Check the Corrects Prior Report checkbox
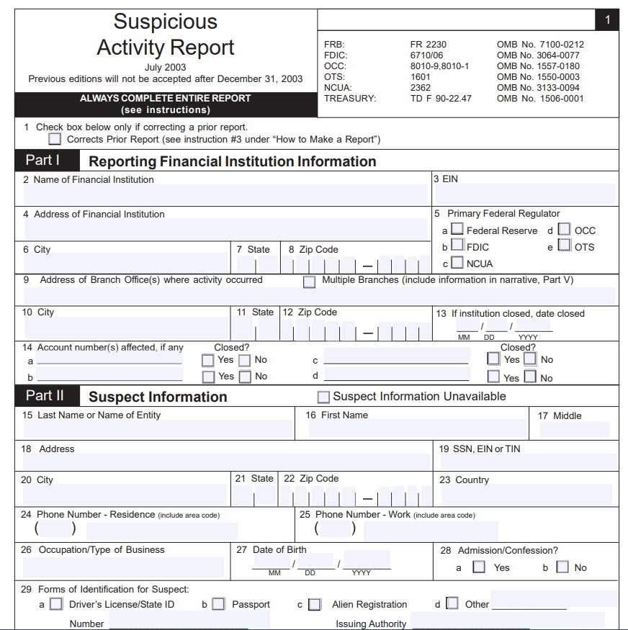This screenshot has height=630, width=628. click(55, 139)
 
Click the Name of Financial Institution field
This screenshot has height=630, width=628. click(227, 194)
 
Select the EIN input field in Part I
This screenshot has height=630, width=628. click(524, 194)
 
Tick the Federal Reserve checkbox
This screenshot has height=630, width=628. click(457, 230)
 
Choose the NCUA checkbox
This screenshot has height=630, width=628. click(457, 263)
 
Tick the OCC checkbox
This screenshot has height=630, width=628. click(565, 230)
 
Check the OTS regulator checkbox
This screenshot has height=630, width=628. click(565, 246)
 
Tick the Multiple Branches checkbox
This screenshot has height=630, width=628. click(309, 282)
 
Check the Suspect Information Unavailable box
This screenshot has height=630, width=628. click(323, 397)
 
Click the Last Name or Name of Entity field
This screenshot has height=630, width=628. click(158, 429)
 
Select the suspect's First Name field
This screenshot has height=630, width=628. click(418, 428)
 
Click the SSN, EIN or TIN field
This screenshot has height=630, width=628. click(529, 462)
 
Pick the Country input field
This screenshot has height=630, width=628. click(525, 495)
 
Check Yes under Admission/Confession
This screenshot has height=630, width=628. click(479, 567)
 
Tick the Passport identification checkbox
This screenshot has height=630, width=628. click(218, 604)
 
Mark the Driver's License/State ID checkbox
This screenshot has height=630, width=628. click(55, 604)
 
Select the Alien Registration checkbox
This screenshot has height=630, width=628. click(315, 604)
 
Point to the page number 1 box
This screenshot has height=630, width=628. click(607, 20)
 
